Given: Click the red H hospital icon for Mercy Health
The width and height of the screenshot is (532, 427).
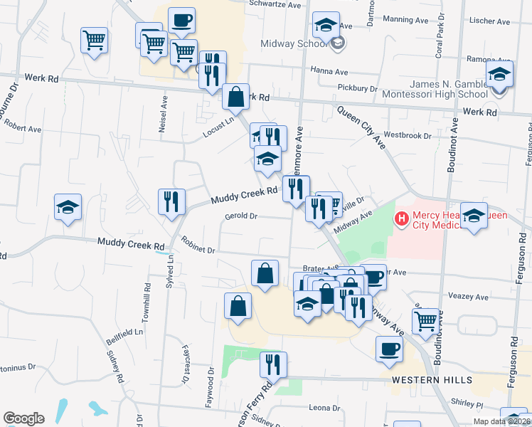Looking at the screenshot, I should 402,218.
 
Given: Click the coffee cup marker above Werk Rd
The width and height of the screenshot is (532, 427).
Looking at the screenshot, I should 181,20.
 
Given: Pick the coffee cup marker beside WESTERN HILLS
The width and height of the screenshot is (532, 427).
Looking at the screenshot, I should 389,349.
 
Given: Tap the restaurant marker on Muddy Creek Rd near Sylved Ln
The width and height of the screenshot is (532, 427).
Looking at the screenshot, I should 171,201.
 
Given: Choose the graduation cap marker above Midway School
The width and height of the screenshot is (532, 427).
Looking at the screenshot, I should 326,25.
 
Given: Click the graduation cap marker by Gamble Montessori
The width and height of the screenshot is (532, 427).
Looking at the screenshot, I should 500,74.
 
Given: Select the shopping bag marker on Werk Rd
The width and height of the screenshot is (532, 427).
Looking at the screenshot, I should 235,96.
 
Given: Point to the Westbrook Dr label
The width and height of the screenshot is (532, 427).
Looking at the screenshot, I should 407,135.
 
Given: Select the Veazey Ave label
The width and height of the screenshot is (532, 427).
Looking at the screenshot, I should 469,296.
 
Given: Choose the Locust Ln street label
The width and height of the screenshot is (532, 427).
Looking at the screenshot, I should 218,122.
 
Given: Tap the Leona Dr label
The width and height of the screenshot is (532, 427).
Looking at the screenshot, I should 324,408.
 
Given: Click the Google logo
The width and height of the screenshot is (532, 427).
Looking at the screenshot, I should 23,418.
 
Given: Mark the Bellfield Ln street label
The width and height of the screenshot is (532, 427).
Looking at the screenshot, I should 129,331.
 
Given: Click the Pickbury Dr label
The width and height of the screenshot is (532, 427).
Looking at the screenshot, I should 358,88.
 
